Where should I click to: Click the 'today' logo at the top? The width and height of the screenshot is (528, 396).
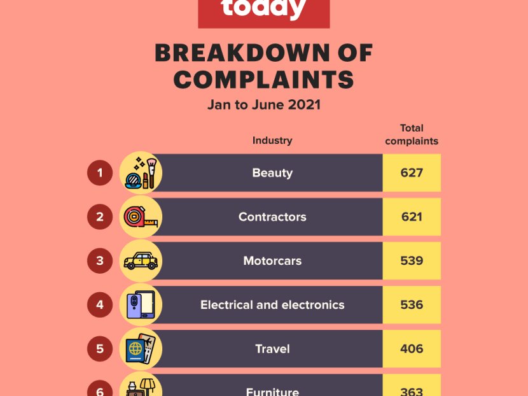click(x=263, y=10)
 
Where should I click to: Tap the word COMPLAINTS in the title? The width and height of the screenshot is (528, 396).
click(x=263, y=80)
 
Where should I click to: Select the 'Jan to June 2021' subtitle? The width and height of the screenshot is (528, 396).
click(x=263, y=104)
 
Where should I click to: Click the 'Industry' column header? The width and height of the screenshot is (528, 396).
click(x=272, y=140)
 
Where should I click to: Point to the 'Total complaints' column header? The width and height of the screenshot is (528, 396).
click(x=412, y=134)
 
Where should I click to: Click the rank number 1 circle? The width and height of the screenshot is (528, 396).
click(x=100, y=173)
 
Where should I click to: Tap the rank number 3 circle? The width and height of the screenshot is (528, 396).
click(x=100, y=260)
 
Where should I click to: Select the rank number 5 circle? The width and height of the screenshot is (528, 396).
click(x=100, y=349)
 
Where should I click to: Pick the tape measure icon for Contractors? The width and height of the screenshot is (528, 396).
click(x=141, y=217)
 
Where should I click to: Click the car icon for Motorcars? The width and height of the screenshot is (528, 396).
click(x=141, y=261)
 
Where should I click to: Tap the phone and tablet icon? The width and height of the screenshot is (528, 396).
click(x=141, y=305)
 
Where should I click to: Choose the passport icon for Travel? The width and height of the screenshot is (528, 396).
click(x=141, y=349)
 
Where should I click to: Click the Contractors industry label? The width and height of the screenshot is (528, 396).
click(x=272, y=217)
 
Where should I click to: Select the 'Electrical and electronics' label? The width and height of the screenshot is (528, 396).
click(x=272, y=305)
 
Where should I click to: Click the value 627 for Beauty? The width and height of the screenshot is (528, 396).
click(x=412, y=173)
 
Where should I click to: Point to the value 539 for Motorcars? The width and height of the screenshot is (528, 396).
click(x=412, y=261)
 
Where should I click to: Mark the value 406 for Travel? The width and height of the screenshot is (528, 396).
click(x=412, y=349)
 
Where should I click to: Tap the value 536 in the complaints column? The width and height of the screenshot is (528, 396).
click(x=412, y=305)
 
